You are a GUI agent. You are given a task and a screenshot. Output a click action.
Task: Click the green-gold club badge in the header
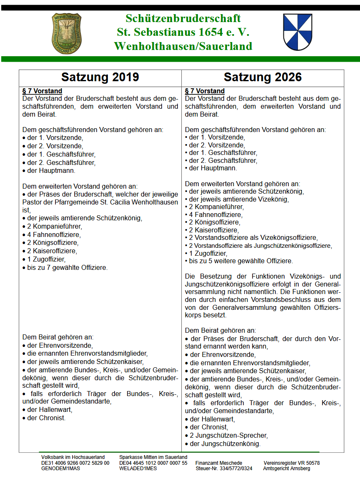pyautogui.click(x=66, y=32)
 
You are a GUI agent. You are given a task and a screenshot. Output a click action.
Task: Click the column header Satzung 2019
pyautogui.click(x=100, y=77)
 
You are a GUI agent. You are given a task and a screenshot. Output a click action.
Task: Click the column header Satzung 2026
pyautogui.click(x=262, y=77)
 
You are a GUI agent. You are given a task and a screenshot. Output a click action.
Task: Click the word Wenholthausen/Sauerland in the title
pyautogui.click(x=183, y=46)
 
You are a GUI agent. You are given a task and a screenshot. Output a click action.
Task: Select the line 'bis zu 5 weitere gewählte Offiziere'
pyautogui.click(x=240, y=261)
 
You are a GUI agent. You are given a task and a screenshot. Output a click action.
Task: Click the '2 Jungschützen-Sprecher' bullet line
pyautogui.click(x=228, y=436)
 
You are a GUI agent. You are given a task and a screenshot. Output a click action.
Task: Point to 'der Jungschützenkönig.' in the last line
pyautogui.click(x=225, y=444)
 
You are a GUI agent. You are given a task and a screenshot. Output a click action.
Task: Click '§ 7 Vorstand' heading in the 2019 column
pyautogui.click(x=42, y=91)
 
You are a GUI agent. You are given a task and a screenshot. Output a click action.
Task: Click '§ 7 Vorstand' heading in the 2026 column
pyautogui.click(x=205, y=91)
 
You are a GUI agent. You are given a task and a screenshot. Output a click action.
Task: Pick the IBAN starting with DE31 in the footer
pyautogui.click(x=75, y=463)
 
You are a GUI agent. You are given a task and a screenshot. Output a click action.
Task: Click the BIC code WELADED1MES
pyautogui.click(x=138, y=468)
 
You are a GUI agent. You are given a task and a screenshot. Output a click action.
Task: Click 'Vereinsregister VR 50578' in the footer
pyautogui.click(x=292, y=463)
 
